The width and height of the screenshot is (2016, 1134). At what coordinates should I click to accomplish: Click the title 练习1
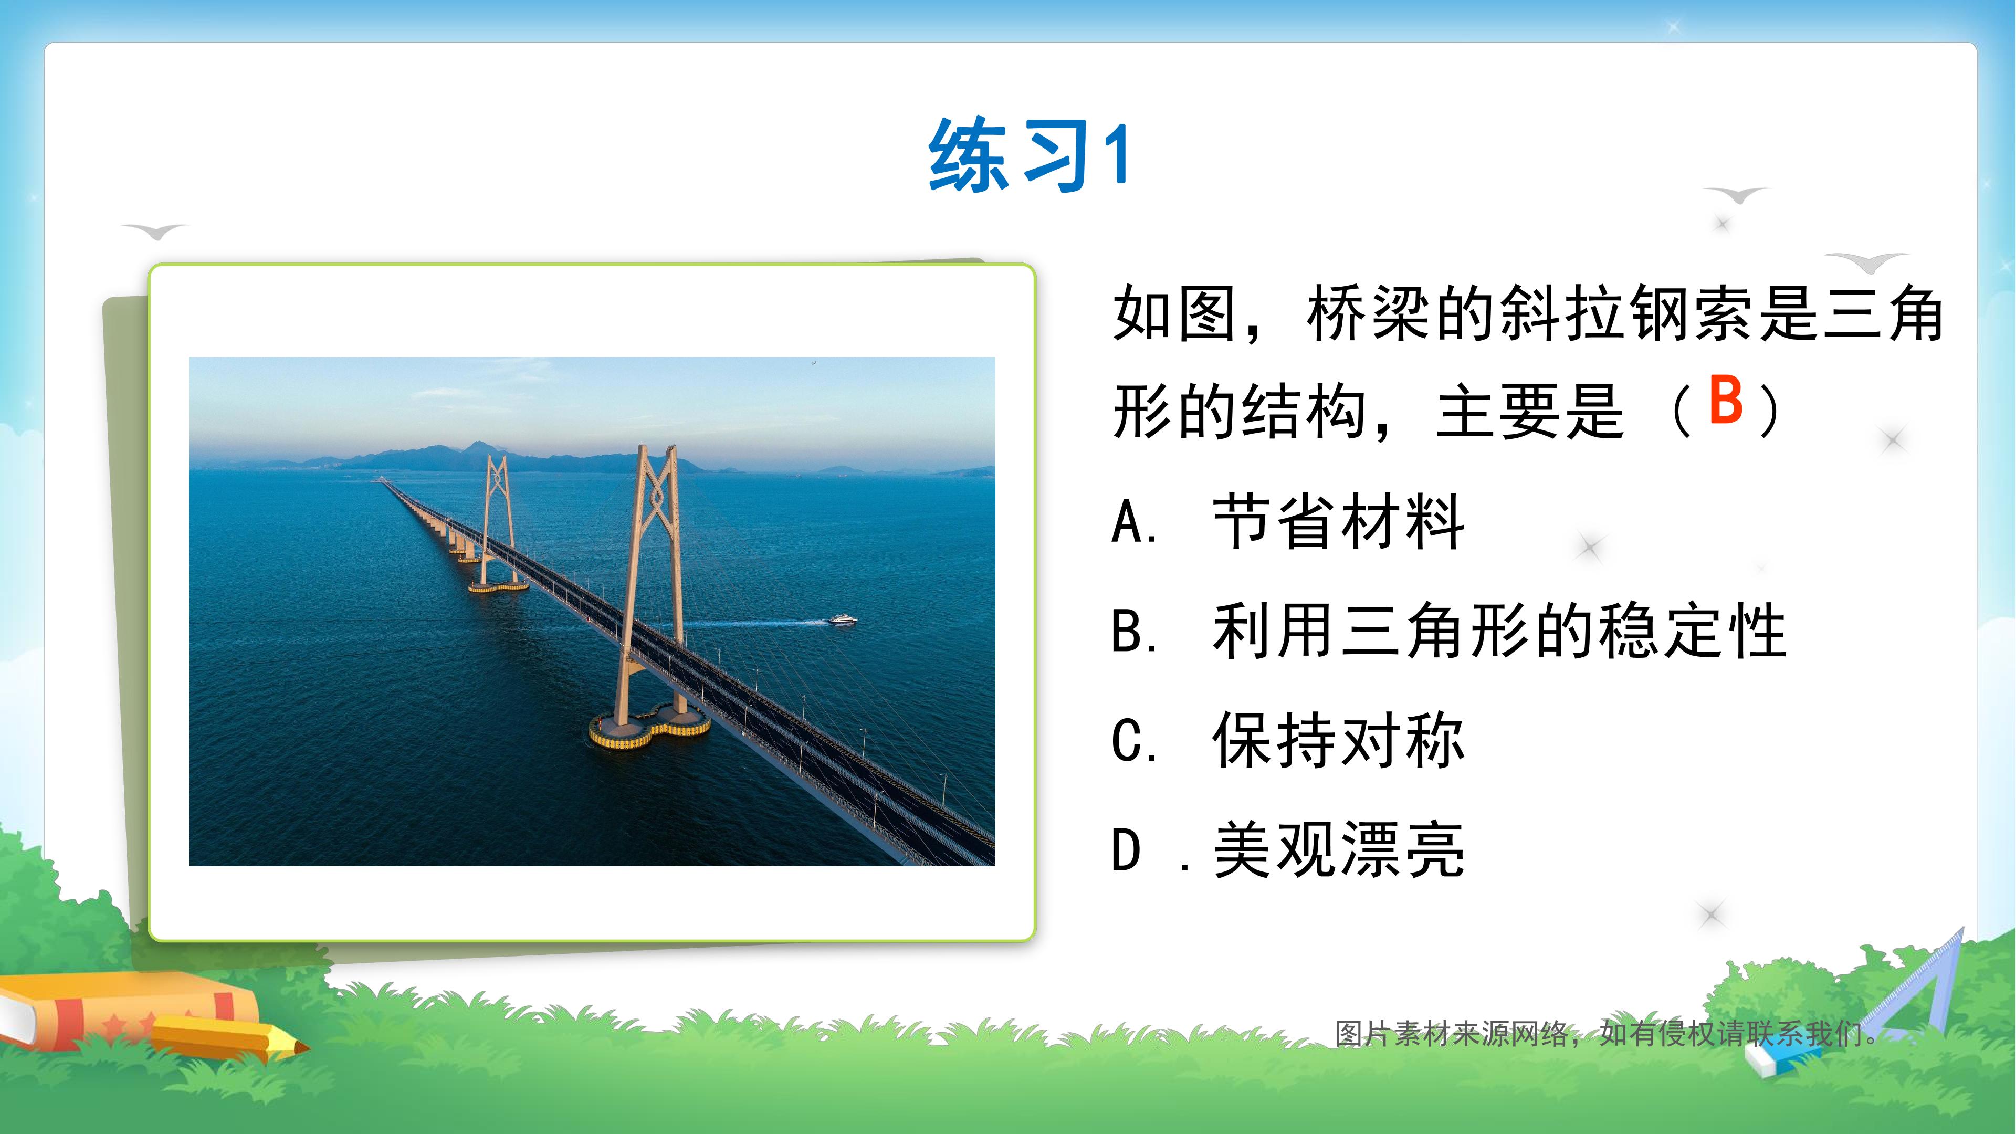[x=1029, y=156]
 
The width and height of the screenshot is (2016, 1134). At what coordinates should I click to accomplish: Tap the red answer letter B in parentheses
[x=1726, y=400]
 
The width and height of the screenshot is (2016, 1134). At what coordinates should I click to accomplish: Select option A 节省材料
[x=1287, y=522]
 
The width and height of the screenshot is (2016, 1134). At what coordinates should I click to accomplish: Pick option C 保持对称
[x=1287, y=740]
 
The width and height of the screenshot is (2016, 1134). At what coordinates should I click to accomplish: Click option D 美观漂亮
[x=1287, y=849]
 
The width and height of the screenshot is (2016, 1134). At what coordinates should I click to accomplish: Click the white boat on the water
[x=842, y=620]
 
